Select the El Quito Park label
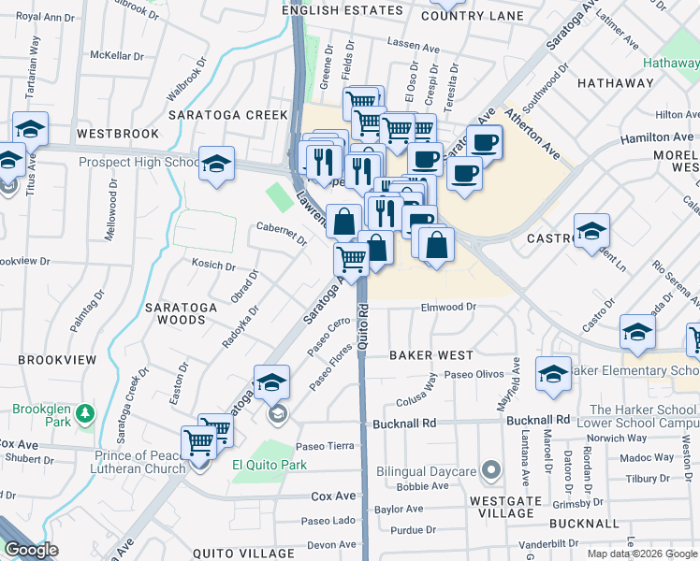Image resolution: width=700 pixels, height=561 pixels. click(x=270, y=465)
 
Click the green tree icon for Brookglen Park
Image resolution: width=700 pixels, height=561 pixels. click(x=85, y=412)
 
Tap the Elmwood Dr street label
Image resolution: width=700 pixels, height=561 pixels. click(x=449, y=307)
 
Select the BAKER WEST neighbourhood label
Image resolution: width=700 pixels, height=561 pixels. click(x=431, y=355)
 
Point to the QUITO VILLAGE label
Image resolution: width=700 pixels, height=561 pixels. click(x=244, y=554)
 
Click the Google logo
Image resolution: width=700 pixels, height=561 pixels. click(x=31, y=550)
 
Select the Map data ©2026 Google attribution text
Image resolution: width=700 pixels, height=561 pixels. click(x=642, y=554)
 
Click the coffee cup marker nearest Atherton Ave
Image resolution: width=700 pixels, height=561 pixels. click(x=484, y=142)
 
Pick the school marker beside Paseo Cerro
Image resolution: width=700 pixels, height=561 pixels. click(x=272, y=381)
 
